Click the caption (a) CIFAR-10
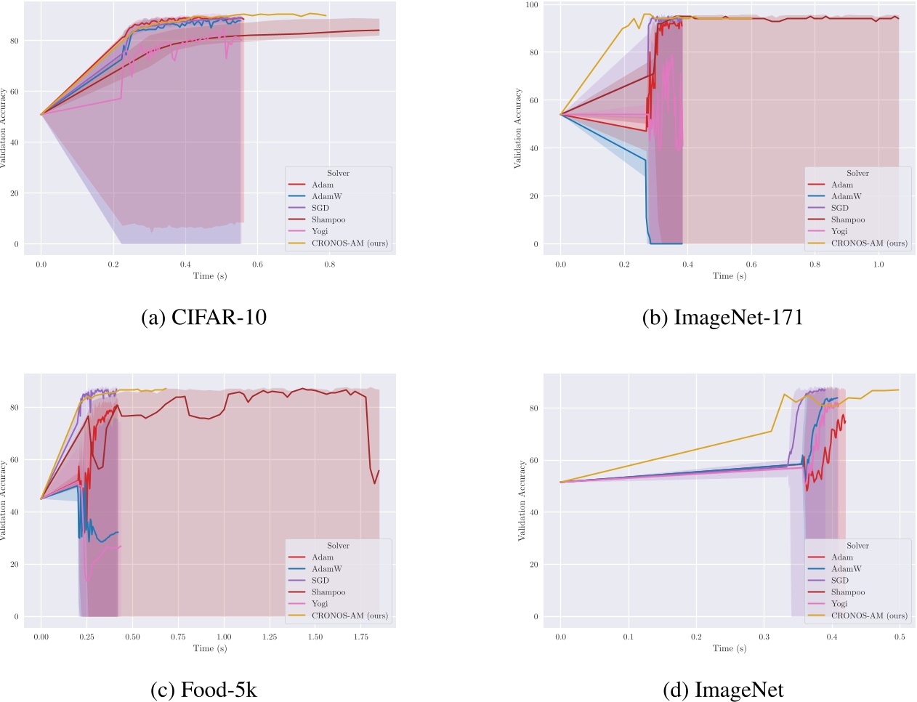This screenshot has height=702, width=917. (203, 318)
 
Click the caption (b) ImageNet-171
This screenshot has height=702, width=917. (722, 318)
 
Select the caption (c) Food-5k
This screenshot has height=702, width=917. (203, 690)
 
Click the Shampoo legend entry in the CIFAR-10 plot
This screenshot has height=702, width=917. (328, 219)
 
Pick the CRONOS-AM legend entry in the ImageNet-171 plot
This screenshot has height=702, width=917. (868, 243)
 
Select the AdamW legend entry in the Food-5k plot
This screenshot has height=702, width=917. (326, 569)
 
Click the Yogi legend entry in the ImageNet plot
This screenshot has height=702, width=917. (839, 604)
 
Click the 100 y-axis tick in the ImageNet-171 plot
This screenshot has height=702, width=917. (532, 5)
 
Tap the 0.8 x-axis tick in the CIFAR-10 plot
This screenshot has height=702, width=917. (330, 265)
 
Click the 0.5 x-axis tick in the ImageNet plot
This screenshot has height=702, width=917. (900, 637)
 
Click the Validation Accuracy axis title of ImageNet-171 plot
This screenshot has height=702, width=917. (518, 128)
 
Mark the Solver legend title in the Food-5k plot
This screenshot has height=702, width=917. (338, 546)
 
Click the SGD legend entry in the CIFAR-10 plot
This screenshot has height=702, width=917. (320, 208)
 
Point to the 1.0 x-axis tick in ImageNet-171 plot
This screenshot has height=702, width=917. (878, 265)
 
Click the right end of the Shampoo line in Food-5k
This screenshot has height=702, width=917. (379, 470)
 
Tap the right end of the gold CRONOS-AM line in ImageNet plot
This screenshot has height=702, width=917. (899, 390)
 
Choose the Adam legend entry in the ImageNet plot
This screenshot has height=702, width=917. (842, 557)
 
